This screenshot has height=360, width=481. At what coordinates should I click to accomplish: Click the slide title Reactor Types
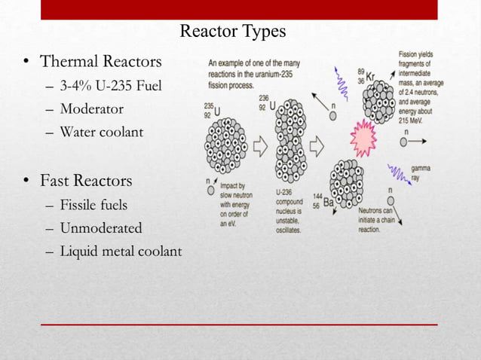pyautogui.click(x=233, y=31)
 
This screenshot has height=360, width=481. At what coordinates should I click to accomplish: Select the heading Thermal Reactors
pyautogui.click(x=100, y=60)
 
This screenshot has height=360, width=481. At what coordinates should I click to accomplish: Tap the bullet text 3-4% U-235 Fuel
pyautogui.click(x=111, y=86)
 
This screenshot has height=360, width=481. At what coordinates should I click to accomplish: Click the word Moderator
pyautogui.click(x=91, y=108)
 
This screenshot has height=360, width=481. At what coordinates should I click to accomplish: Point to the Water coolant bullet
pyautogui.click(x=101, y=132)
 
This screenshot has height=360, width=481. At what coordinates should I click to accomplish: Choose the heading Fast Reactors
pyautogui.click(x=86, y=181)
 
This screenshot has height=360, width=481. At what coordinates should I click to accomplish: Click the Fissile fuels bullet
pyautogui.click(x=93, y=204)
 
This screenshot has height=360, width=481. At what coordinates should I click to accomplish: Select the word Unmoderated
pyautogui.click(x=101, y=227)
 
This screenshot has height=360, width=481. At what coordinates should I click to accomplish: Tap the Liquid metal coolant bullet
pyautogui.click(x=121, y=251)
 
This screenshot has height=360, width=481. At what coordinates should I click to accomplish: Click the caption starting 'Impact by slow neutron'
pyautogui.click(x=233, y=202)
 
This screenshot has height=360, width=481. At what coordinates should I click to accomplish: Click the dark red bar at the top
pyautogui.click(x=238, y=9)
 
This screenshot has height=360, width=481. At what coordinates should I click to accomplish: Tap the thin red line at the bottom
pyautogui.click(x=238, y=325)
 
